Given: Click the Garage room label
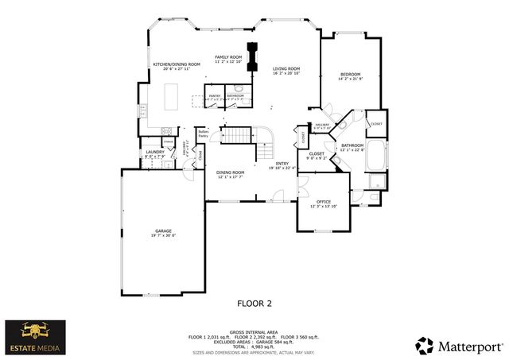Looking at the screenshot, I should click(x=164, y=233).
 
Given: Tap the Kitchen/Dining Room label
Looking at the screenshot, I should click(x=176, y=65).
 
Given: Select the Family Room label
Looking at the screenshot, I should click(x=227, y=58).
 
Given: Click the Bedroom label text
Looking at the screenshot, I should click(x=350, y=74).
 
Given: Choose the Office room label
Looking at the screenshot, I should click(x=323, y=203).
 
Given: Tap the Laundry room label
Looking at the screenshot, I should click(x=154, y=152).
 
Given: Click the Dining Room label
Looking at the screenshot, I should click(x=231, y=172).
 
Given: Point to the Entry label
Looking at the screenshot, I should click(x=282, y=165).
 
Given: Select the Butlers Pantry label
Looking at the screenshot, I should click(x=203, y=134).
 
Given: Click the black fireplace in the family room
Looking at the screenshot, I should click(x=253, y=56).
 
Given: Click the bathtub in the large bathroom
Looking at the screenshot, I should click(x=377, y=158).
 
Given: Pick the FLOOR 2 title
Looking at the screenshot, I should click(x=254, y=303).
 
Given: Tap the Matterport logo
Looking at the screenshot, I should click(x=459, y=345).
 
